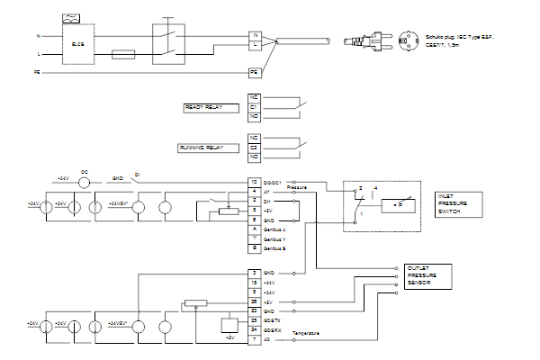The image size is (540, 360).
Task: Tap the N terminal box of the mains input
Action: click(255, 36)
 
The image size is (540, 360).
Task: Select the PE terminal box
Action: click(255, 70)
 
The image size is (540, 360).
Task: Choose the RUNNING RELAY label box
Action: click(204, 146)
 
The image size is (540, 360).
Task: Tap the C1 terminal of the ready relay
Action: click(255, 107)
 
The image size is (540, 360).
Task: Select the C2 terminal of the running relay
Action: click(255, 146)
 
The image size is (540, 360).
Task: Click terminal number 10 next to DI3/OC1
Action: click(255, 183)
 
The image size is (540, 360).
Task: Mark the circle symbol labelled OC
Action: click(85, 182)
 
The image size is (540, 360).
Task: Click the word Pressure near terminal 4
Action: click(298, 188)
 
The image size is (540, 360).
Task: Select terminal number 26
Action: click(255, 301)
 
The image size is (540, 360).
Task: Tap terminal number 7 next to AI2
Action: click(255, 338)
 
